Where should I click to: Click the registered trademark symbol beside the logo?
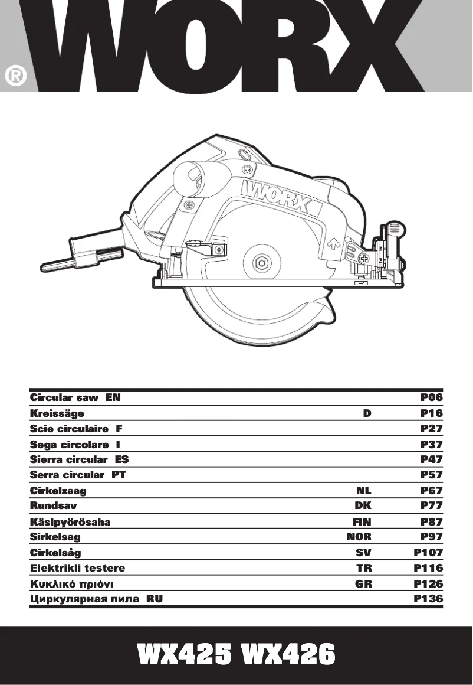[x=16, y=77]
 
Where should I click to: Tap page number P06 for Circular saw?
[x=431, y=397]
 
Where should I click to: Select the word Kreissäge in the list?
[x=57, y=413]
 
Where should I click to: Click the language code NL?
[x=364, y=490]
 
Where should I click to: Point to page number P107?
[x=428, y=553]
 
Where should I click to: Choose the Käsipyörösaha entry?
[x=70, y=522]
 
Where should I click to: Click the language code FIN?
[x=362, y=522]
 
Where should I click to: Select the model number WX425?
[x=185, y=655]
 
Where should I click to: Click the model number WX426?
[x=288, y=655]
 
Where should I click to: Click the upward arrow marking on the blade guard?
[x=331, y=242]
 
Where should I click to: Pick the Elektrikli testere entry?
[x=77, y=568]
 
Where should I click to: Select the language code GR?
[x=364, y=584]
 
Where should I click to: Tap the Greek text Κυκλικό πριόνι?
[x=71, y=584]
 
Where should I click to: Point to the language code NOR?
[x=359, y=537]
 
